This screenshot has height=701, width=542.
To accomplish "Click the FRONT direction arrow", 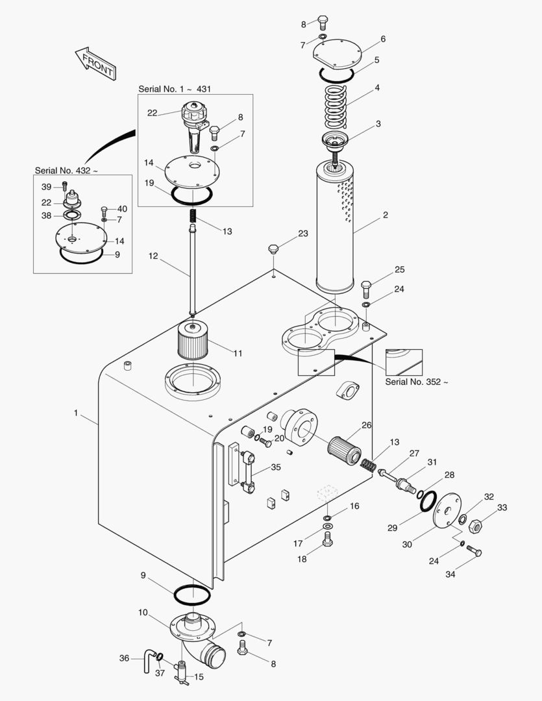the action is [95, 64].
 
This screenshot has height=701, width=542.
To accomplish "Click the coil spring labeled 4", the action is [336, 106].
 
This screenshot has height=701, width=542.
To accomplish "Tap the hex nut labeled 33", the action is [474, 526].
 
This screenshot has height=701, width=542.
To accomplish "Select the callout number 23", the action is [303, 234].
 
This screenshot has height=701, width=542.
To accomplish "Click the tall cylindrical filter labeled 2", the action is [335, 227].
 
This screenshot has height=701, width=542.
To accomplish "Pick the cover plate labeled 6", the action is [337, 54].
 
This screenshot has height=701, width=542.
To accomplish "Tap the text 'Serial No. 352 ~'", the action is [416, 382].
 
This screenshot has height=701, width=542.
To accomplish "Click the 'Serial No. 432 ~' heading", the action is [66, 170].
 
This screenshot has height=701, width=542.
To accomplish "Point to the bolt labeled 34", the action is [474, 550].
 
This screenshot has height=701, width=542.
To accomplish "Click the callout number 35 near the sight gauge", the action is [276, 467].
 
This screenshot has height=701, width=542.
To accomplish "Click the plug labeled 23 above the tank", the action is [274, 249].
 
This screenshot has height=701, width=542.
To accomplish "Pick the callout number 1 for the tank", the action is [76, 413].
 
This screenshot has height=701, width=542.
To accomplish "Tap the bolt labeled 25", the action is [366, 289].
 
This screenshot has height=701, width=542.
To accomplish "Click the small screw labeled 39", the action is [64, 184].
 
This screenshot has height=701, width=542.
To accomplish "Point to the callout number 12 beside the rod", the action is [153, 256].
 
